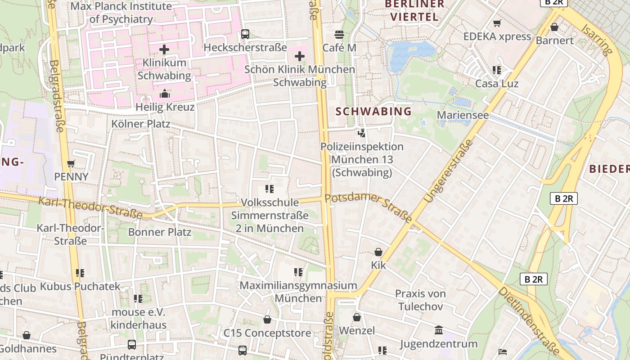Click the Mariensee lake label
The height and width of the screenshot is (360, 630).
click(463, 115)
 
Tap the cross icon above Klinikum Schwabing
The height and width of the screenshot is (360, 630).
click(164, 49)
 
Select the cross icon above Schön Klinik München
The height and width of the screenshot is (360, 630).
click(300, 56)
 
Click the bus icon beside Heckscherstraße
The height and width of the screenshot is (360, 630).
click(245, 34)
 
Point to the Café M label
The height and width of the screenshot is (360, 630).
click(339, 48)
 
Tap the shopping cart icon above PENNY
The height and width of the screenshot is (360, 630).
click(71, 163)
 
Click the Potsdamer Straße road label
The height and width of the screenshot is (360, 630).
click(368, 208)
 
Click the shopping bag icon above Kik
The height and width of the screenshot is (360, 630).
click(378, 252)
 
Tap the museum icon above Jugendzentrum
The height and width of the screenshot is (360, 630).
click(439, 331)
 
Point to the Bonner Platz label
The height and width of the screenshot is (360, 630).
click(160, 232)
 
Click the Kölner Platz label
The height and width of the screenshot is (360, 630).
click(141, 123)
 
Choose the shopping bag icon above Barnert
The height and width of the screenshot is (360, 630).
click(554, 27)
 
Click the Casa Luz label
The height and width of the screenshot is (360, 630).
click(497, 84)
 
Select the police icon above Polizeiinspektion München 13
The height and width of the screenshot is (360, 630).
click(361, 133)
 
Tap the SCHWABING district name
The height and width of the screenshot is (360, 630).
click(374, 111)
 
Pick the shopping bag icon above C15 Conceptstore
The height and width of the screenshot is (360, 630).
click(267, 319)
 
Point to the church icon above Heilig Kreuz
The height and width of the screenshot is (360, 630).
click(165, 94)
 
